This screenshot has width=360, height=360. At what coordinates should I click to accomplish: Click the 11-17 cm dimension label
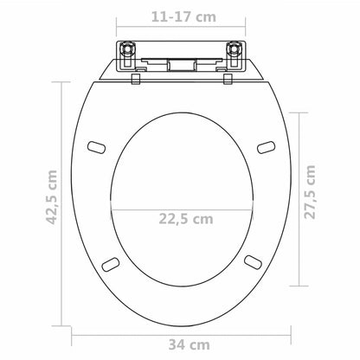tap(179, 15)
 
